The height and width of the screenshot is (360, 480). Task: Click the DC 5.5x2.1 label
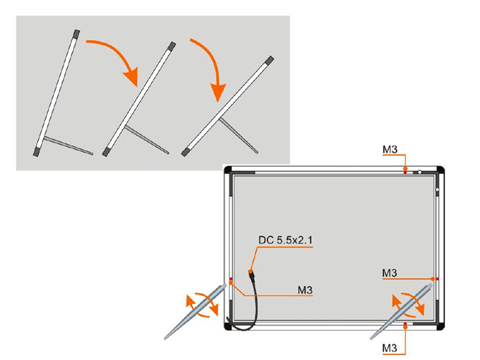pyautogui.click(x=286, y=241)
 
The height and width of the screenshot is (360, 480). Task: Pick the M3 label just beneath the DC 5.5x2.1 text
pyautogui.click(x=305, y=290)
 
